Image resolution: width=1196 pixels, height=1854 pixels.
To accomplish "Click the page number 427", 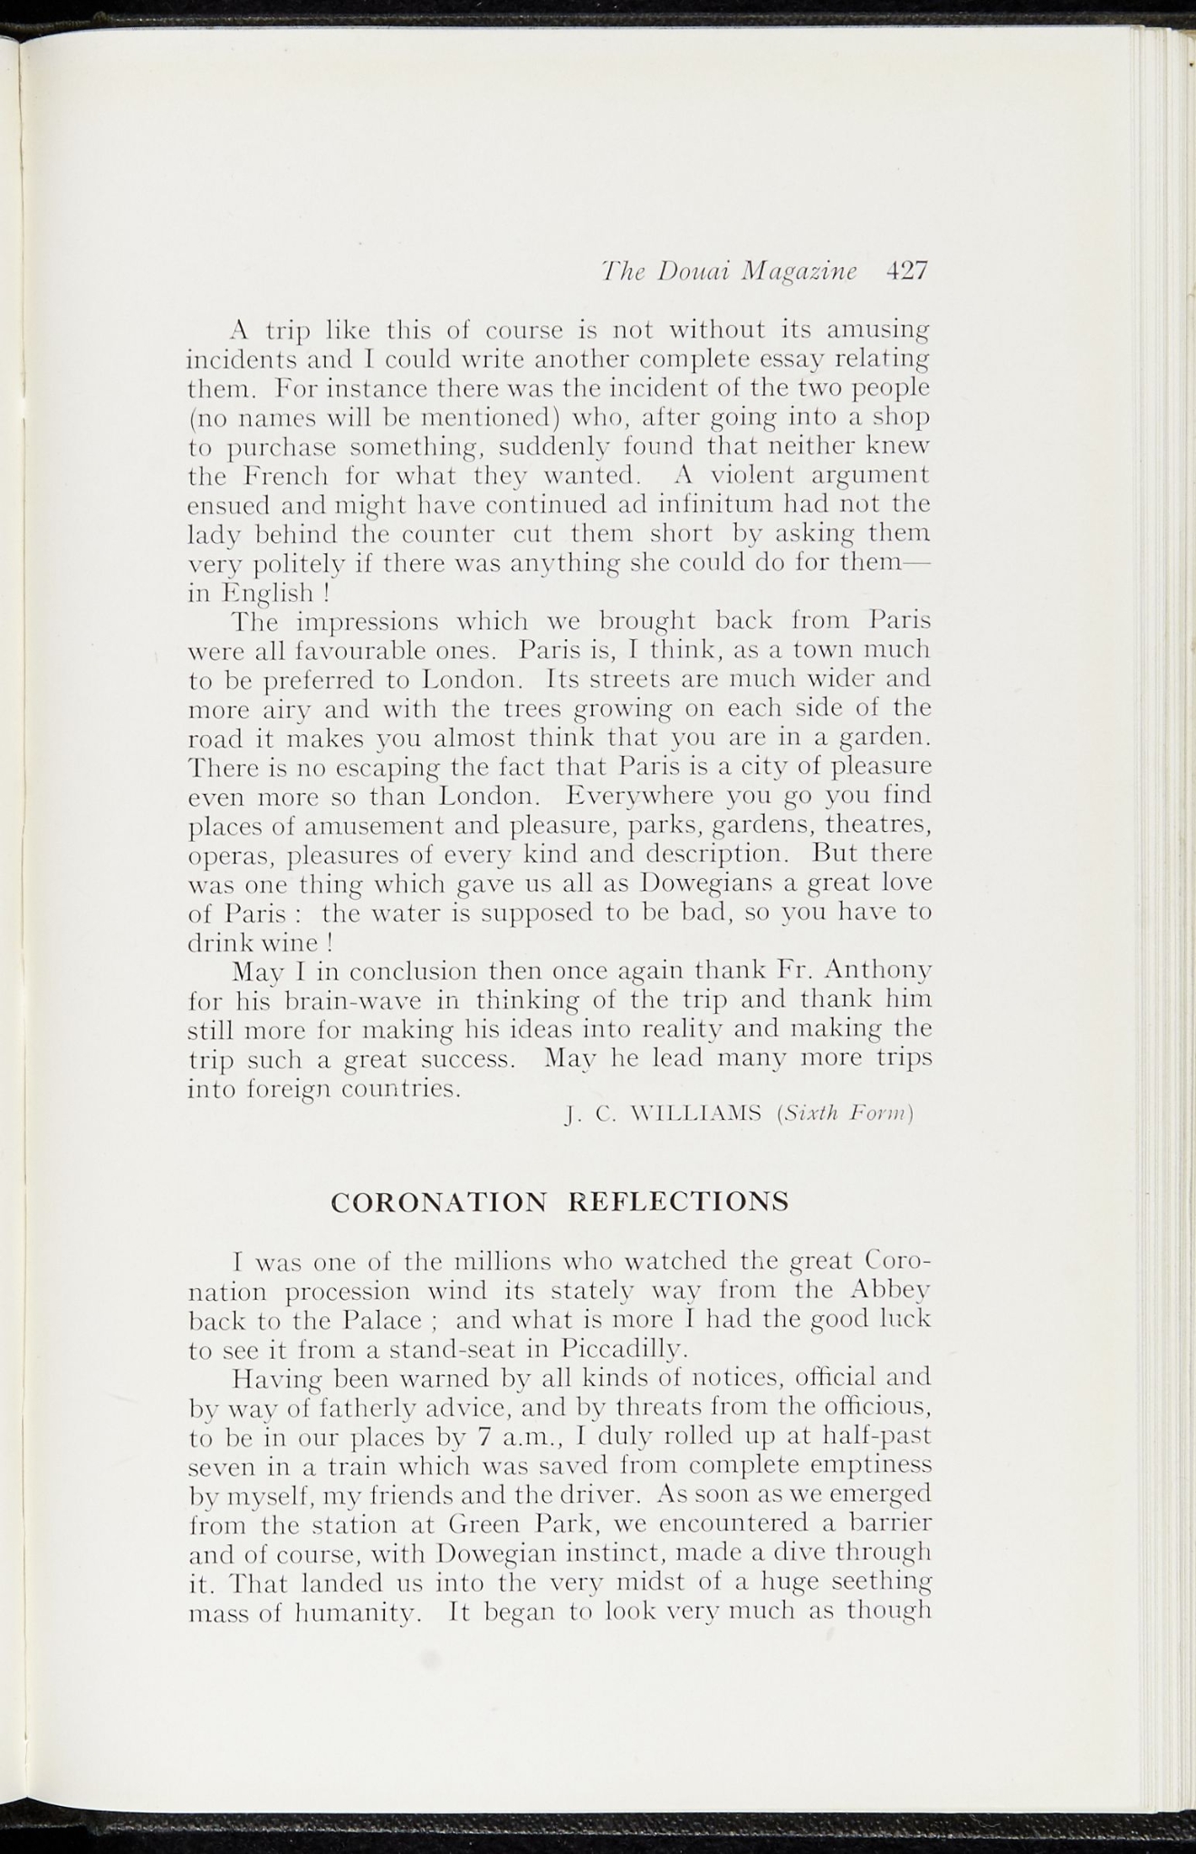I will click(x=907, y=272).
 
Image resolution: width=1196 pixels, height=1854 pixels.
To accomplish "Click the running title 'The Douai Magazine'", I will click(x=730, y=272).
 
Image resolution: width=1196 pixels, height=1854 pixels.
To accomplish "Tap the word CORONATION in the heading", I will click(x=439, y=1201).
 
